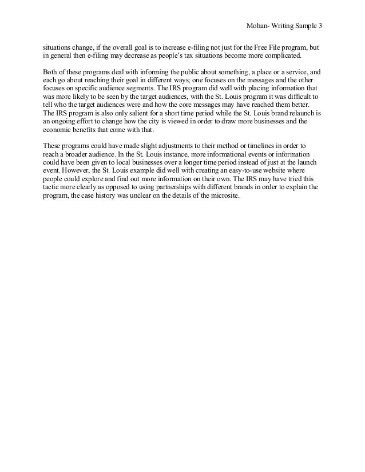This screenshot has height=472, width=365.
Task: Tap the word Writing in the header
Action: click(279, 26)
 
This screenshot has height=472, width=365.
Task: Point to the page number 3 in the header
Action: click(321, 26)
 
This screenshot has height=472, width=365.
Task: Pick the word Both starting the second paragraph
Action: click(50, 73)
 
